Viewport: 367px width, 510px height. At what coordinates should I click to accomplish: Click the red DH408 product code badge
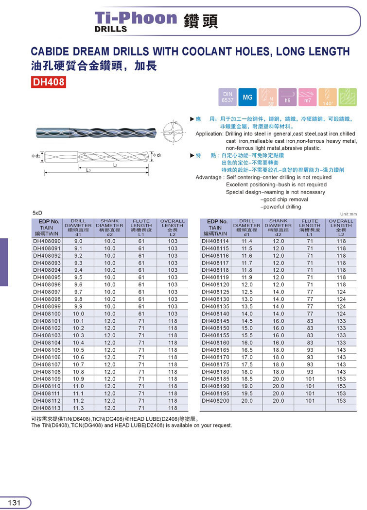point(49,82)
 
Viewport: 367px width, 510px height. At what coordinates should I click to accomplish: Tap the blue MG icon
point(247,98)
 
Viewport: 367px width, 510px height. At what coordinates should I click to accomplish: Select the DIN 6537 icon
point(228,97)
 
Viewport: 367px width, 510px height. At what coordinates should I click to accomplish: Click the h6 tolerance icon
point(287,98)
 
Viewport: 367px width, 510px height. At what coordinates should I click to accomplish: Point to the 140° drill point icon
point(327,98)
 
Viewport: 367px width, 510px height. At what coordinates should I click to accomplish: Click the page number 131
point(15,503)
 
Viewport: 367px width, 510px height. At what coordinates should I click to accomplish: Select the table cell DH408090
point(47,241)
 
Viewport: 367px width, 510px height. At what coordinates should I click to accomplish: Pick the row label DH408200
point(216,401)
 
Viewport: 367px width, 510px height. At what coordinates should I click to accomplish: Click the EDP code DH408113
point(47,408)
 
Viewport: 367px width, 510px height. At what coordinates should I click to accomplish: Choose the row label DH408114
point(216,241)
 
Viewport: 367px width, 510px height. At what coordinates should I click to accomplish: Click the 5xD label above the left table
point(37,213)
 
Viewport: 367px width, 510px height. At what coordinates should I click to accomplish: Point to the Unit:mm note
point(349,214)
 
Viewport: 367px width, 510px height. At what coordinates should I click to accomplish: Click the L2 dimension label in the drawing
point(88,171)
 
